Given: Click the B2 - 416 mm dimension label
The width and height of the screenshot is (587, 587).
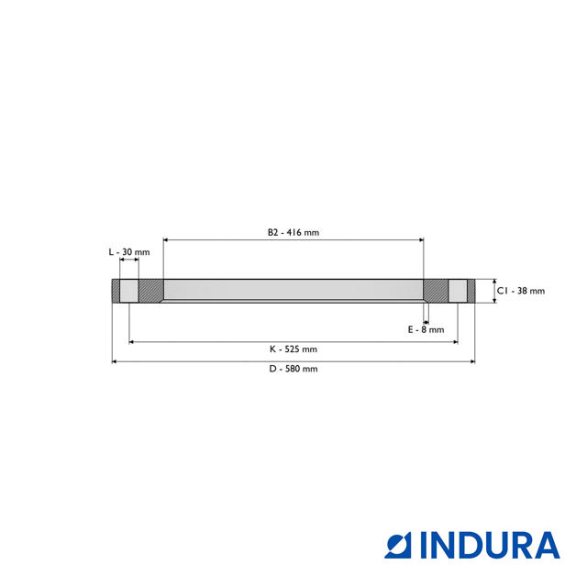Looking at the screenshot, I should tap(293, 232).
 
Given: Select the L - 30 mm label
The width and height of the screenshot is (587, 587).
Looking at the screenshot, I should tap(128, 251).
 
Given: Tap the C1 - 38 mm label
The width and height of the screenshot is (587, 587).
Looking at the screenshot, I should tap(520, 291).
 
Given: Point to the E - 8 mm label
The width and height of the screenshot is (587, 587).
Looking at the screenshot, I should tap(426, 329).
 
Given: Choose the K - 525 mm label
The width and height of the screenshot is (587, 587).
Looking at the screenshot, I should tap(293, 349).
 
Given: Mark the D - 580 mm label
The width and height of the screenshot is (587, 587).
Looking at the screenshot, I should tap(293, 369).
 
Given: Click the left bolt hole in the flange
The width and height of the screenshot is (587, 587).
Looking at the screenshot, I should tap(129, 291).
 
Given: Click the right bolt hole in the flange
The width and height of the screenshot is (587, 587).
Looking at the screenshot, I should tap(457, 291).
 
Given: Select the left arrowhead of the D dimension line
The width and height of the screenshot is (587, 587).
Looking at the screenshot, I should tap(115, 361).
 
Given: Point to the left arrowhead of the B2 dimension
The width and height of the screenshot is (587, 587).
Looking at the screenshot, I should tap(166, 240).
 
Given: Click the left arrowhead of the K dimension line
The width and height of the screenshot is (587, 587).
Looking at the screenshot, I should tap(132, 342).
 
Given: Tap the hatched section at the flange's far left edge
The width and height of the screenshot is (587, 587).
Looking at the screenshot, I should tap(116, 291).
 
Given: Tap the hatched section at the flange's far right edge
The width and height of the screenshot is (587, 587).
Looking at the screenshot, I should tap(471, 291).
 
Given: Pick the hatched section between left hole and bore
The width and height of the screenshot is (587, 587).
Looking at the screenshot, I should tap(150, 291).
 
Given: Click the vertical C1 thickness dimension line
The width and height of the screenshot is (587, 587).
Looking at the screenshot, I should tap(493, 291).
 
